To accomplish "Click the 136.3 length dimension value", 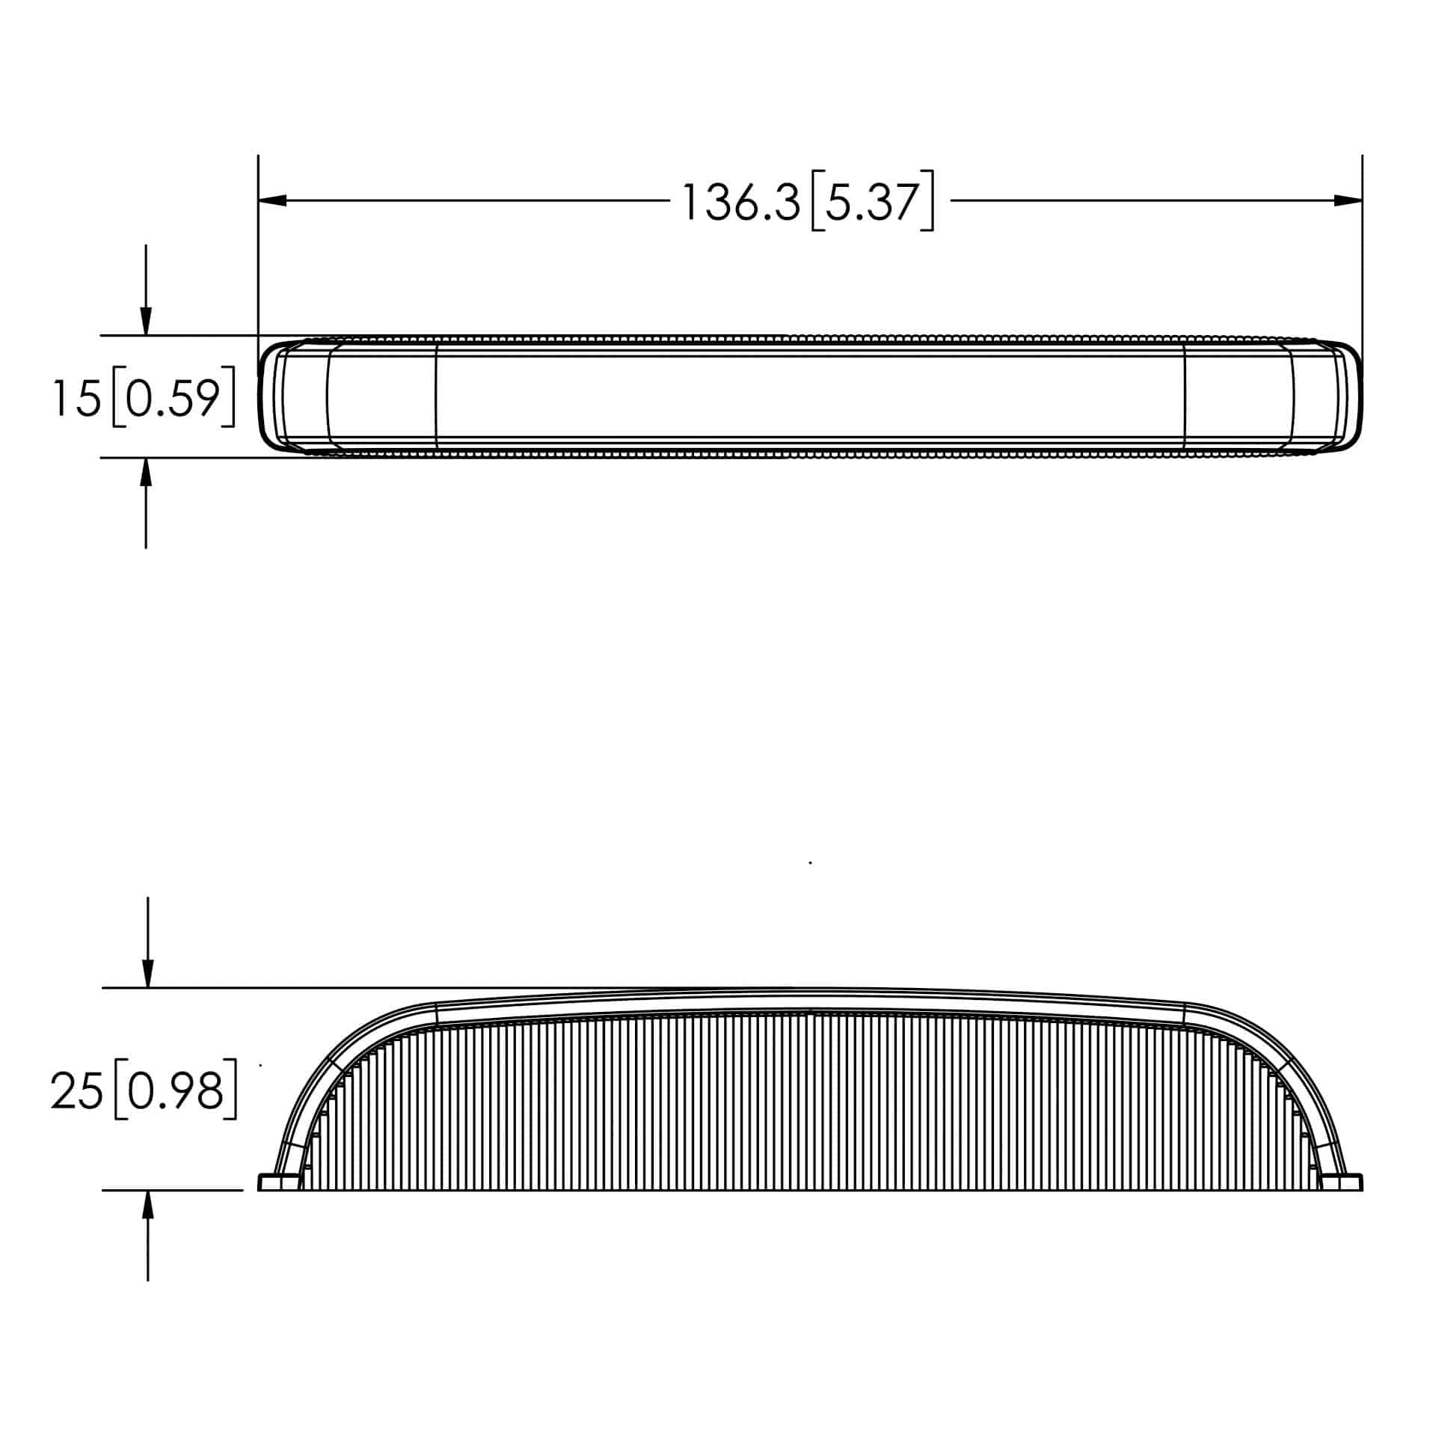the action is pyautogui.click(x=741, y=202).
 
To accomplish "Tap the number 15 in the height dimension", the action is pyautogui.click(x=76, y=397).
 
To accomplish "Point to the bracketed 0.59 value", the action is pyautogui.click(x=173, y=397).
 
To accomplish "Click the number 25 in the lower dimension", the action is pyautogui.click(x=76, y=1091).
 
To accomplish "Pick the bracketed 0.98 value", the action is pyautogui.click(x=176, y=1091).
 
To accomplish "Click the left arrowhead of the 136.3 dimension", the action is pyautogui.click(x=272, y=200).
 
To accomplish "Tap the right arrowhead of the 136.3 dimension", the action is pyautogui.click(x=1348, y=200).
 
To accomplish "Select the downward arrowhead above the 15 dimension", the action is pyautogui.click(x=146, y=322).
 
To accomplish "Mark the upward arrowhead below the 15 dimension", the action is pyautogui.click(x=146, y=472).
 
